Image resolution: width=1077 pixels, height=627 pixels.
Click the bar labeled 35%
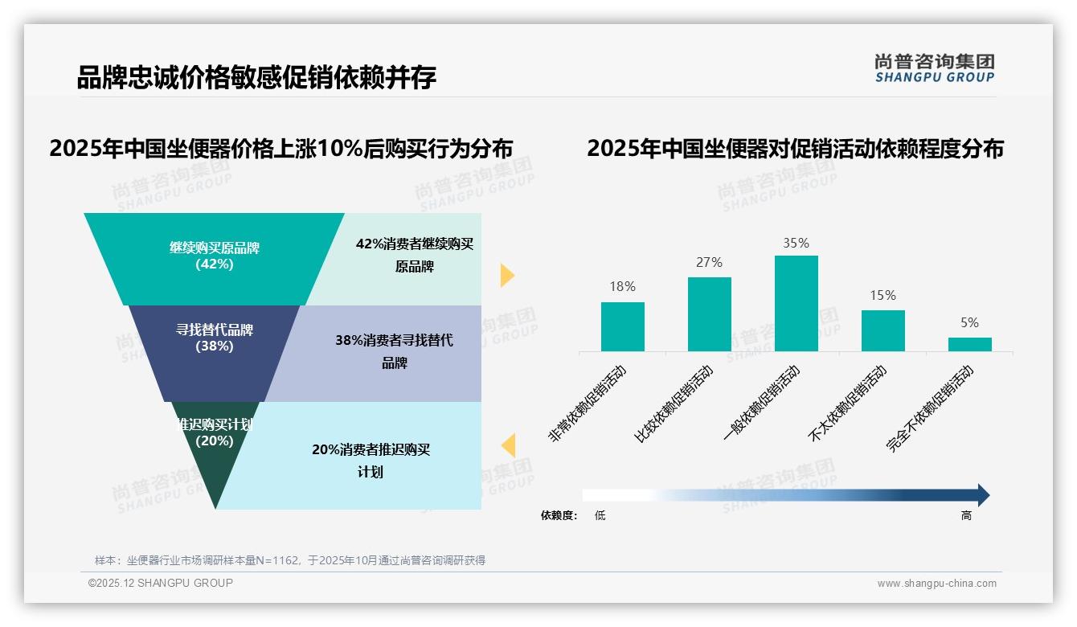click(x=796, y=303)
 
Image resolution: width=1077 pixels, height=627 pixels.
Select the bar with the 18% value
click(x=622, y=326)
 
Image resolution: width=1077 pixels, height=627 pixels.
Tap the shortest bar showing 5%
click(x=969, y=344)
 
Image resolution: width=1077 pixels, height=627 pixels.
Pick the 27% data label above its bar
click(x=710, y=262)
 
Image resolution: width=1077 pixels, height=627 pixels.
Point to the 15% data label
click(x=882, y=295)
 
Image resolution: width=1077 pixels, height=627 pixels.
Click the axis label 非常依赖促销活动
click(x=588, y=403)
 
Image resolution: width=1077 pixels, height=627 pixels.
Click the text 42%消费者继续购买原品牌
click(x=415, y=255)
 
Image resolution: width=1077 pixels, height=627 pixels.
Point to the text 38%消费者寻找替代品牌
click(x=394, y=351)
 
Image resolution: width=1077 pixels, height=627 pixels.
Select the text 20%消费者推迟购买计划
click(x=371, y=461)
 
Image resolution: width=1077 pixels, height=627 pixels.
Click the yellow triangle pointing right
click(x=506, y=275)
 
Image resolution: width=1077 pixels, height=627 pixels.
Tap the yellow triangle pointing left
click(x=508, y=445)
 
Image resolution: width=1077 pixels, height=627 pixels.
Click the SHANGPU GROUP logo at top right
click(x=934, y=68)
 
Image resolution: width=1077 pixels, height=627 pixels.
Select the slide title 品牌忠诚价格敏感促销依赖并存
click(x=256, y=77)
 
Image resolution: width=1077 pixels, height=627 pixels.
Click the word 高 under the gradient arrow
click(x=966, y=515)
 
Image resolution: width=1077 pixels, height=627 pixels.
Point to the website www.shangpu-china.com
click(x=936, y=584)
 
